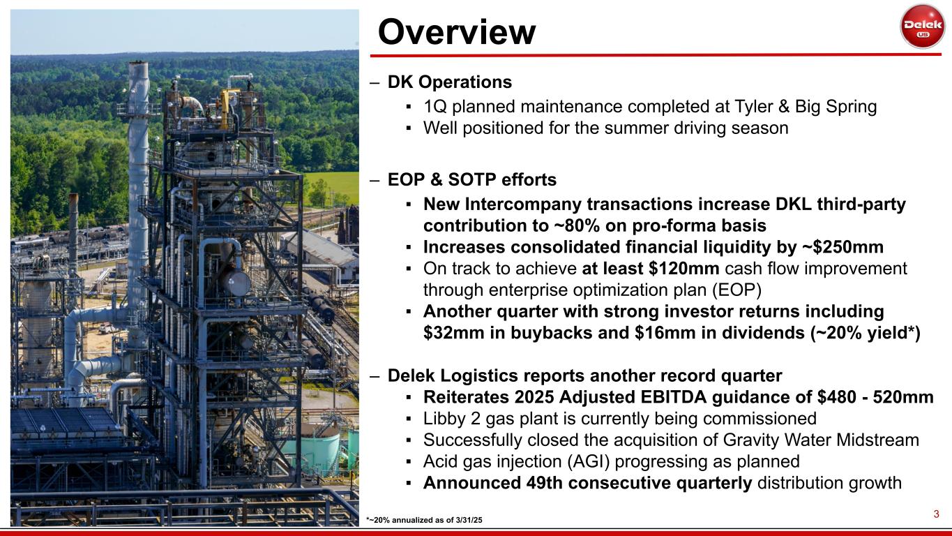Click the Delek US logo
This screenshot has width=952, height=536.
921,27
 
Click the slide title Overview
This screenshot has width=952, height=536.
457,32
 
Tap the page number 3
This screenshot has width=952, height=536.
936,514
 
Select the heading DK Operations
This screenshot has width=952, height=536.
450,82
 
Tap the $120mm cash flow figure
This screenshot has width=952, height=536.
683,269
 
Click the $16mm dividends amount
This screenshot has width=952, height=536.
665,333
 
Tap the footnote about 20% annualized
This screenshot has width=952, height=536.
424,520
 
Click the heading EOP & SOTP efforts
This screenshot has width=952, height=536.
471,179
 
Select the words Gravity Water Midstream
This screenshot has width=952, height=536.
821,440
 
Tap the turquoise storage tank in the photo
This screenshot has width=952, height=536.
313,452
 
